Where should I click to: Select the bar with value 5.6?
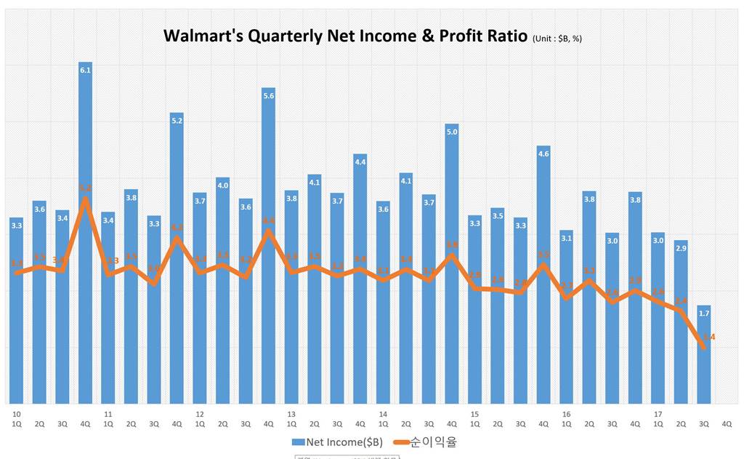[x=268, y=247]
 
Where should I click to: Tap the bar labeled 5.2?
[x=177, y=262]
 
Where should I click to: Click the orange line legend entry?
[x=424, y=442]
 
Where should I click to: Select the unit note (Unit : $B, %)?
[x=557, y=39]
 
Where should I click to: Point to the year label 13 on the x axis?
[x=291, y=413]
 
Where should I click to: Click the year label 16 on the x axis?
[x=565, y=413]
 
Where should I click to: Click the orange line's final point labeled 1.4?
[x=703, y=347]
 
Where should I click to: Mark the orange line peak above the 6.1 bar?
[x=85, y=198]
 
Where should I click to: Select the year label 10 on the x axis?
[x=16, y=413]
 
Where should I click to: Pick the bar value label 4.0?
[x=222, y=185]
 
